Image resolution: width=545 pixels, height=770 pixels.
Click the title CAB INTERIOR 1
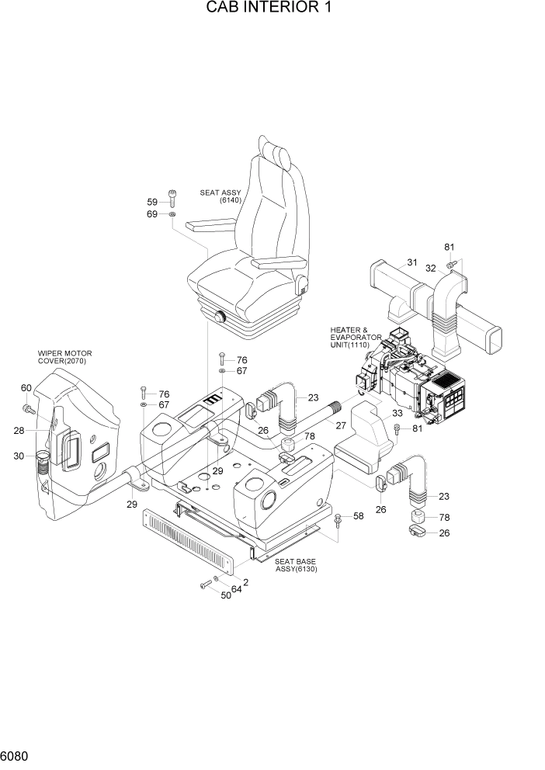pyautogui.click(x=272, y=9)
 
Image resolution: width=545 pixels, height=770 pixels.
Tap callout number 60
pyautogui.click(x=26, y=388)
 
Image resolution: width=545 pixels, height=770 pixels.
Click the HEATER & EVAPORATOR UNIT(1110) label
pyautogui.click(x=355, y=336)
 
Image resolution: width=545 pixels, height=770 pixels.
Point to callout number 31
pyautogui.click(x=411, y=262)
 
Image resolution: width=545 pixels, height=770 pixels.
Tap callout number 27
pyautogui.click(x=339, y=425)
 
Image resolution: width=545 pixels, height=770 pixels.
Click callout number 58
pyautogui.click(x=358, y=515)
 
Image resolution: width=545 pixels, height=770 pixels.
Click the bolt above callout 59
pyautogui.click(x=171, y=197)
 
